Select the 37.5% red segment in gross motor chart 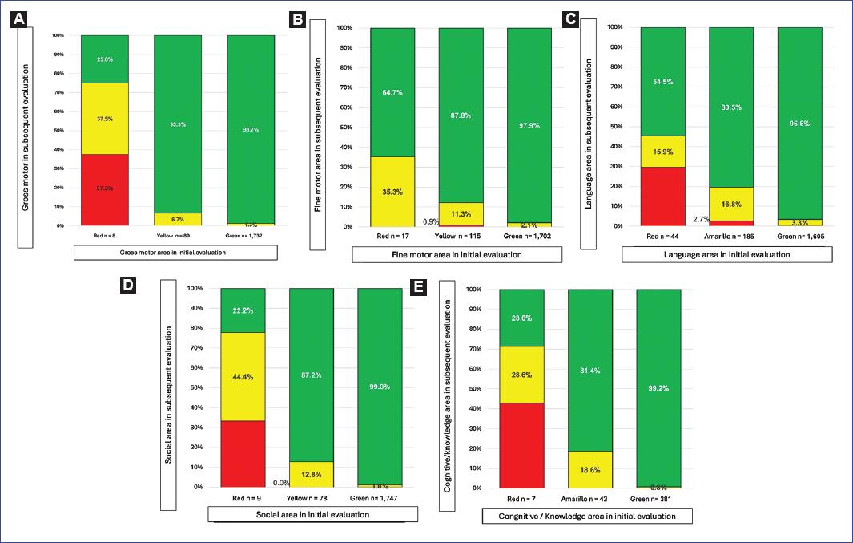[105, 189]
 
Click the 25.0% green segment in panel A [105, 59]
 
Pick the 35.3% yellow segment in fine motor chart [392, 192]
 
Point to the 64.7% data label [392, 93]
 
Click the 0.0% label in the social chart [281, 483]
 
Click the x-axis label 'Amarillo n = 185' [730, 237]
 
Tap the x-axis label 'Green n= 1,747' [380, 499]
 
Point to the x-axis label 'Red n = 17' [392, 238]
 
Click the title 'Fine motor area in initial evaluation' [457, 254]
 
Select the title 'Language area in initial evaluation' [727, 254]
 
